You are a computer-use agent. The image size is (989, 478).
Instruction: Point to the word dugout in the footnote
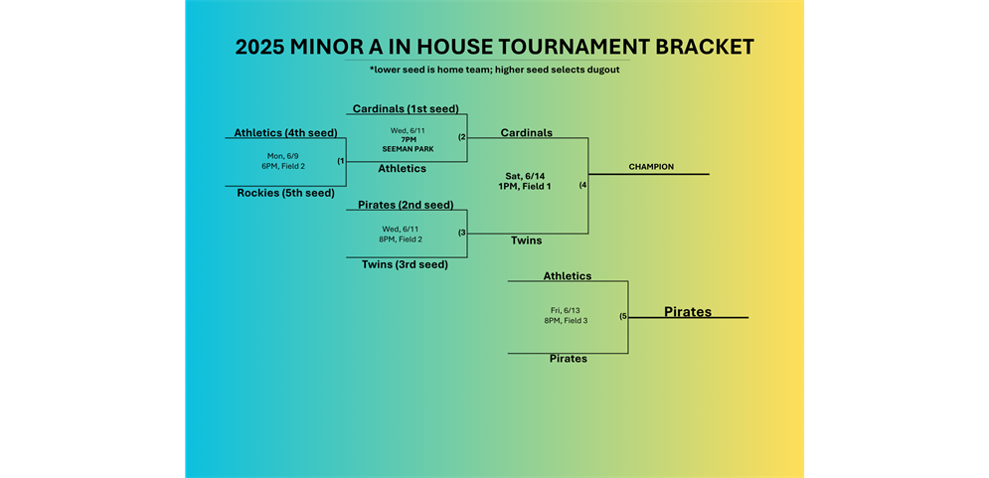pos(603,70)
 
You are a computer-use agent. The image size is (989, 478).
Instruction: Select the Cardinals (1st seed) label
pos(406,108)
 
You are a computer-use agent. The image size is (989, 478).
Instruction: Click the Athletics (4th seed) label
pos(285,132)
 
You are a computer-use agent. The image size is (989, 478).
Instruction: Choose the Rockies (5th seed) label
pos(285,193)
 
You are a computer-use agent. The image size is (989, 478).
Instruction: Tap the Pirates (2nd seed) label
pos(406,205)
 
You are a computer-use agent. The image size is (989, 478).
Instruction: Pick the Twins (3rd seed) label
pos(405,265)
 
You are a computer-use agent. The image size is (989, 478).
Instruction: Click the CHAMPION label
pos(652,167)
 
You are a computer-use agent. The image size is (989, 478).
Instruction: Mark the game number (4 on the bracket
pos(582,186)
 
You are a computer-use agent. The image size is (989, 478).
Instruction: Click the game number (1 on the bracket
pos(341,161)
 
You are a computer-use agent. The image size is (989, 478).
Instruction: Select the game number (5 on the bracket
pos(623,317)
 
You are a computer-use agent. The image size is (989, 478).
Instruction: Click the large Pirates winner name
pos(688,311)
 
